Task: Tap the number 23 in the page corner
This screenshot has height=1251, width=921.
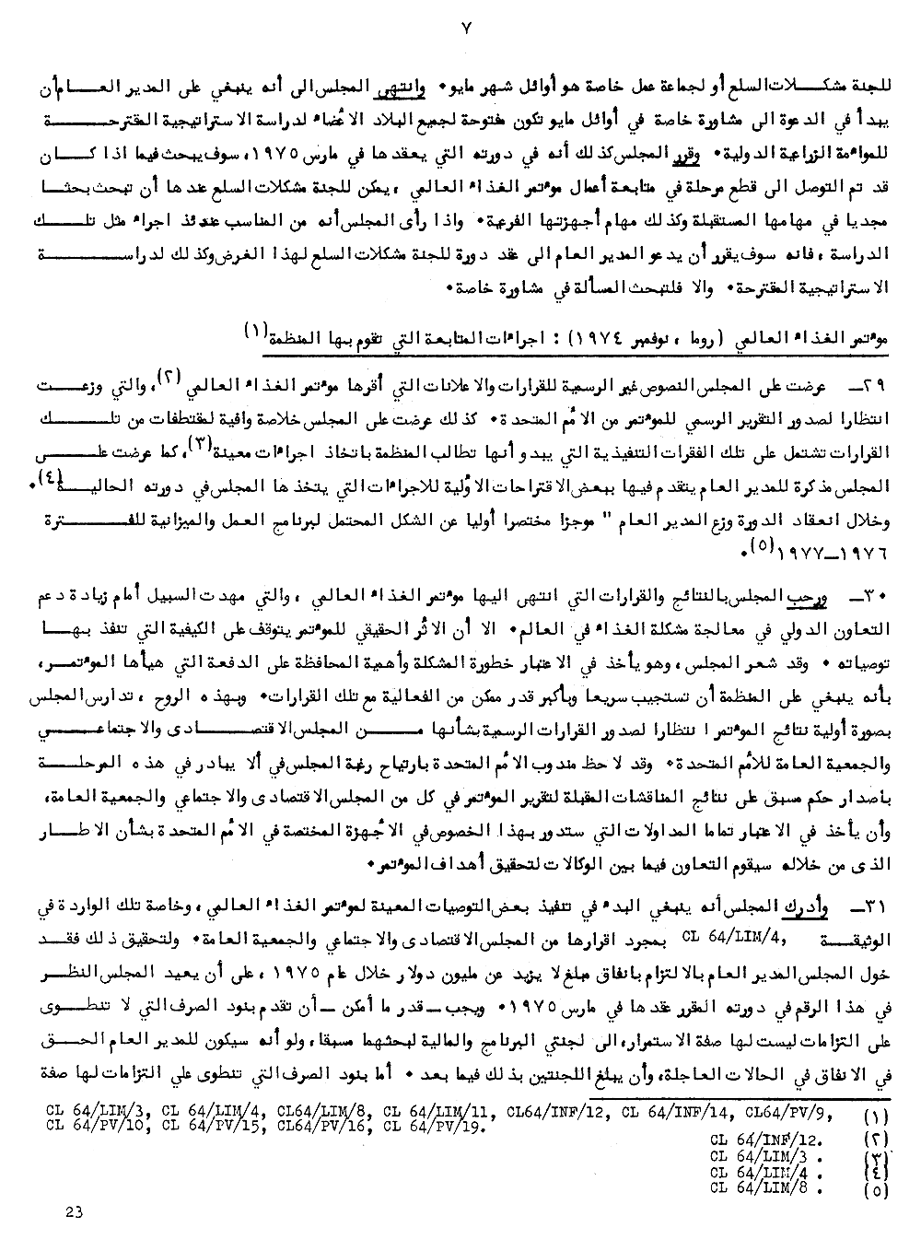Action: click(x=76, y=1211)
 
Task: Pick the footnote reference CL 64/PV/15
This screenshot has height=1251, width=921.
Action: click(x=210, y=1125)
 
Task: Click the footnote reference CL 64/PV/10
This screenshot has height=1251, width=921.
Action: click(x=97, y=1125)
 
